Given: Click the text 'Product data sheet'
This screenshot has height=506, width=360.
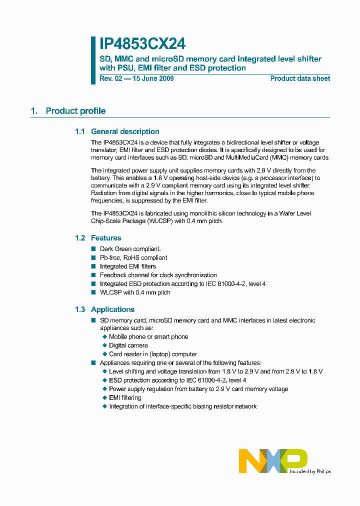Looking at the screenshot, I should point(300,78).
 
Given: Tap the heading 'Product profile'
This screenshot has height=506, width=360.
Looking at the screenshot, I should point(75,111).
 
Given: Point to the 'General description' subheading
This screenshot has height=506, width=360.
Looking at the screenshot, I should point(125,131).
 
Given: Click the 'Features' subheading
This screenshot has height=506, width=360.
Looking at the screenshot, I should point(106,238).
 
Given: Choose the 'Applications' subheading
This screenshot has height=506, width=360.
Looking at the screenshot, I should point(112,309).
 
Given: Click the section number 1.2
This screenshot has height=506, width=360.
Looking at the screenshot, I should point(80,238).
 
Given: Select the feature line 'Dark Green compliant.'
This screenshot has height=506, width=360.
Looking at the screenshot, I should point(130,249).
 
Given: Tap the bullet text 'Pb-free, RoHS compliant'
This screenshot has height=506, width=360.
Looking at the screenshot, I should point(133,257).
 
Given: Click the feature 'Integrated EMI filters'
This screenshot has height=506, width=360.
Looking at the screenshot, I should point(127,266).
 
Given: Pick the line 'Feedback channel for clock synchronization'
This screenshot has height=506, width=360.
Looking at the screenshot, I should point(158,275).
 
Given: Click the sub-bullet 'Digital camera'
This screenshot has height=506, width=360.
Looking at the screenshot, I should point(128,345).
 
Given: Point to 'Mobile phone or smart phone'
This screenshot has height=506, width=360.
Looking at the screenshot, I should point(148,337).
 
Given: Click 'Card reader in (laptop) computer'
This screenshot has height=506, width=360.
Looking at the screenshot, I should point(153,354).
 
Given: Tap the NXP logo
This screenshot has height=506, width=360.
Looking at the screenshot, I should point(272,460).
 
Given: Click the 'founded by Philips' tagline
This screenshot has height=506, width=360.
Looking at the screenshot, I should point(309,471).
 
